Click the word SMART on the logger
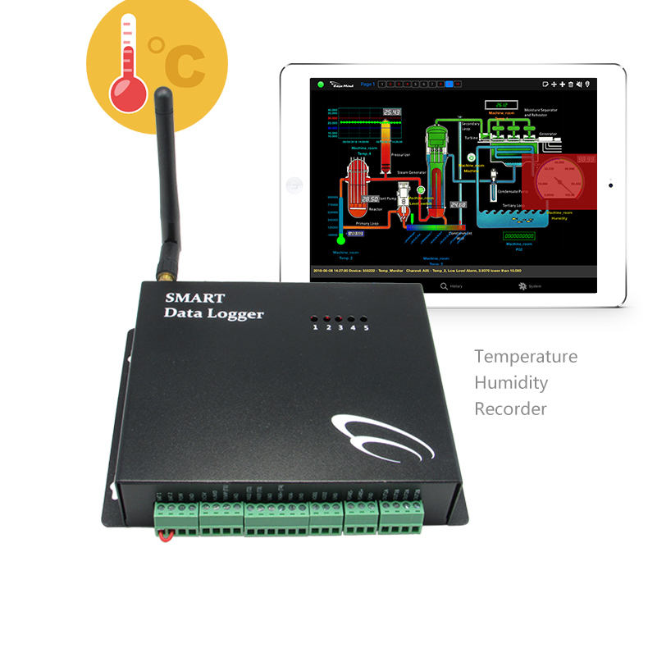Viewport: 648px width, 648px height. tap(192, 297)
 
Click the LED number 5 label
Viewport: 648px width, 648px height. tap(366, 327)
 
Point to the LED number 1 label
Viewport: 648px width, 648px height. tap(314, 327)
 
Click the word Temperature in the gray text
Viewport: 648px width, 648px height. tap(525, 357)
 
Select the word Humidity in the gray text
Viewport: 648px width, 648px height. tap(511, 382)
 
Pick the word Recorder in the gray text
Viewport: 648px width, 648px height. tap(510, 408)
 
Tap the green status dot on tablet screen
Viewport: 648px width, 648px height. tap(320, 84)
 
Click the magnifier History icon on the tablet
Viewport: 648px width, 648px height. tap(444, 286)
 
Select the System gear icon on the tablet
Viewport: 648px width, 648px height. tap(521, 286)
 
